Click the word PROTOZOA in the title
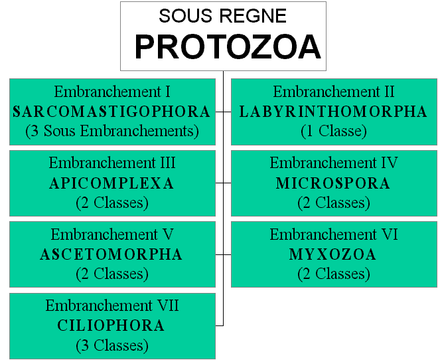coord(228,46)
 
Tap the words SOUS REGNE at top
coord(222,16)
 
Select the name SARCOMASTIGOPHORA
coord(111,112)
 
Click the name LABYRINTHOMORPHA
coord(333,112)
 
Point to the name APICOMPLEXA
coord(111,183)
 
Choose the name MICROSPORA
coord(333,183)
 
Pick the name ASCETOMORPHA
coord(111,254)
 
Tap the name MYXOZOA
coord(332,254)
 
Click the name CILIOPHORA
coord(111,325)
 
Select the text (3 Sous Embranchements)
coord(112,131)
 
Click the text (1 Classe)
coord(334,131)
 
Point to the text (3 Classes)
coord(112,345)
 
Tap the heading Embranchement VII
coord(112,306)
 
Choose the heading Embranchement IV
coord(334,163)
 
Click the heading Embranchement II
coord(334,92)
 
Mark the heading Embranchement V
coord(112,234)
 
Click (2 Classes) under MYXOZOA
coord(334,274)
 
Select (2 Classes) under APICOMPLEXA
coord(112,203)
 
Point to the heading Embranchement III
coord(112,163)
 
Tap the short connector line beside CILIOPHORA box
coord(220,325)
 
